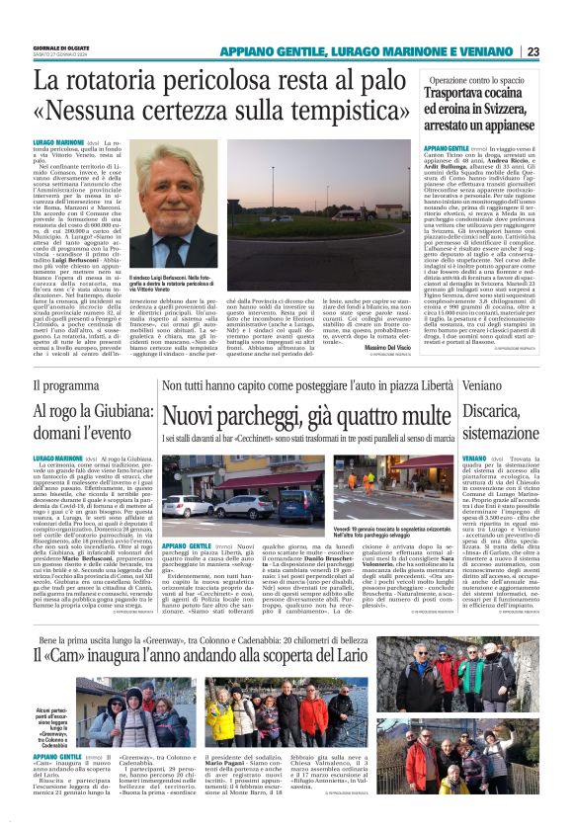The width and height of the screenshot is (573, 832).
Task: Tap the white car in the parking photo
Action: click(x=185, y=504)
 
